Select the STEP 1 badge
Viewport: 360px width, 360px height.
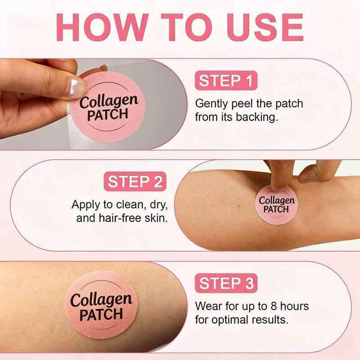226,81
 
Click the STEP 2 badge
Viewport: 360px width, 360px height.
135,181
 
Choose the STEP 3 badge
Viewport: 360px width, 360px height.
226,283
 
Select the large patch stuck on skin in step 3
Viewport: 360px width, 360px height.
101,305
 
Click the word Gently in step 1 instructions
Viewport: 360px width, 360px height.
211,104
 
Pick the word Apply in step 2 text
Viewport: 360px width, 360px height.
85,205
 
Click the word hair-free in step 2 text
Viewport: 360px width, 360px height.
120,218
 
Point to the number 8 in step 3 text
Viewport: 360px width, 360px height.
274,306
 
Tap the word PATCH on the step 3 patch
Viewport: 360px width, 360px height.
101,315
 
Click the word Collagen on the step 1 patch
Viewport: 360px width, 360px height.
109,102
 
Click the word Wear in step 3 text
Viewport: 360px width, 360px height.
209,306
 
